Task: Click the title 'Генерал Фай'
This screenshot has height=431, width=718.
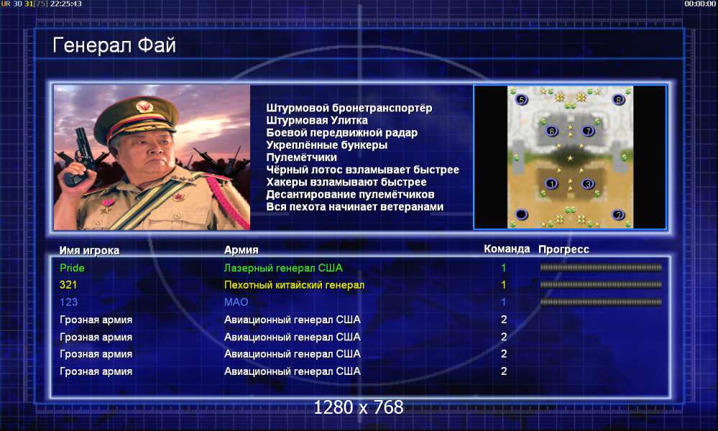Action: click(x=114, y=45)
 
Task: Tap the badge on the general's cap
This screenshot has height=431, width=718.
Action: click(x=144, y=107)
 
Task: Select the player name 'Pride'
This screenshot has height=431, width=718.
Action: click(x=72, y=268)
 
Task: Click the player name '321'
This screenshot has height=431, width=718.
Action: click(x=68, y=285)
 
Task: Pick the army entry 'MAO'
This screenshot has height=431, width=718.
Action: click(x=236, y=302)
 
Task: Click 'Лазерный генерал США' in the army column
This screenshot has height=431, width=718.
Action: click(x=283, y=268)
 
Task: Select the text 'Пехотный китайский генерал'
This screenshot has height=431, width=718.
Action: click(x=294, y=285)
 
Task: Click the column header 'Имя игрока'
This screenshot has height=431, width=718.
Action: click(x=89, y=250)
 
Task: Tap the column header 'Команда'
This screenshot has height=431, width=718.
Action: click(x=507, y=249)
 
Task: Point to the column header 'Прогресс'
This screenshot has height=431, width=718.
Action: click(x=563, y=249)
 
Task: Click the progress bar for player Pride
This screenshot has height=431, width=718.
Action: click(x=601, y=268)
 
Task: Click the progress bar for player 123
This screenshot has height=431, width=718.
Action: click(x=601, y=302)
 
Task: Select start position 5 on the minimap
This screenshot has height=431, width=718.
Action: click(x=522, y=99)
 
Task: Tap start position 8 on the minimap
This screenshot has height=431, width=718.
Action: click(x=619, y=99)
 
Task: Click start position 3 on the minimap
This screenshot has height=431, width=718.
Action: click(x=587, y=184)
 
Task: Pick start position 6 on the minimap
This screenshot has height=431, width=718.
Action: click(x=552, y=131)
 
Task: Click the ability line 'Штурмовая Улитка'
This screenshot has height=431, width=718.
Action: click(x=317, y=121)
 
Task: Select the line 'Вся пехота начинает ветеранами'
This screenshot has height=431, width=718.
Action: click(x=355, y=207)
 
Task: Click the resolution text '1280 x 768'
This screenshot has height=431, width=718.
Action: click(x=359, y=407)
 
